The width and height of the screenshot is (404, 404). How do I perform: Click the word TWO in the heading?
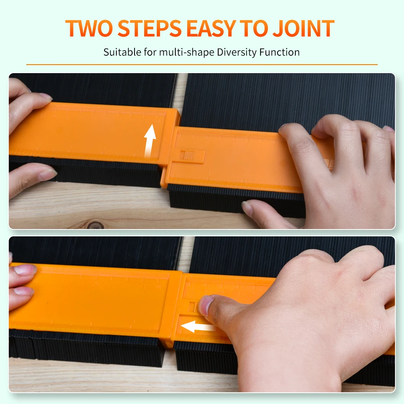(x=89, y=28)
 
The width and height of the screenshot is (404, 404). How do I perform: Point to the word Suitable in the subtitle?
(x=122, y=52)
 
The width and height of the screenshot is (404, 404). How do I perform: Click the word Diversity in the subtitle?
(x=237, y=52)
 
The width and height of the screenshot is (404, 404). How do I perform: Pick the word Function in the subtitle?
(x=279, y=52)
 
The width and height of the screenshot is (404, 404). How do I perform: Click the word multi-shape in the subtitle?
(x=187, y=52)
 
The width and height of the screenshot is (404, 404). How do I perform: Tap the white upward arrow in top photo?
(x=150, y=141)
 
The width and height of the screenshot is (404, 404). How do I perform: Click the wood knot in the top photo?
(x=95, y=225)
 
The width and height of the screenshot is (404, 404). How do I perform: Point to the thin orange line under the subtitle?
(x=202, y=64)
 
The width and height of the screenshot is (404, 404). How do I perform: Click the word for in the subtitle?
(x=150, y=52)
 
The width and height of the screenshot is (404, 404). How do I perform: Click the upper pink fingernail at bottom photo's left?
(x=25, y=269)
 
